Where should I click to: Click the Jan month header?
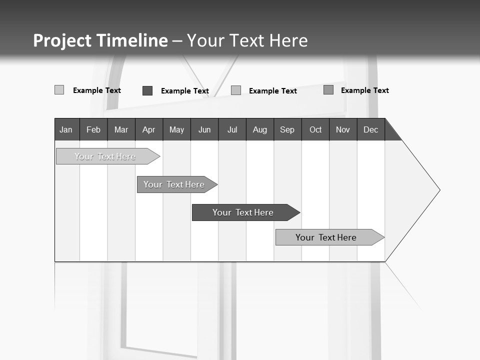pyautogui.click(x=66, y=129)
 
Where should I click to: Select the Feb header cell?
pyautogui.click(x=93, y=129)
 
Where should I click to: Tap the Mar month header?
pyautogui.click(x=121, y=129)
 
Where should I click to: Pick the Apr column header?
pyautogui.click(x=149, y=129)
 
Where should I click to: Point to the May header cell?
pyautogui.click(x=176, y=129)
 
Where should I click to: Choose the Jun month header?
pyautogui.click(x=204, y=129)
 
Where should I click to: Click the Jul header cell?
pyautogui.click(x=232, y=129)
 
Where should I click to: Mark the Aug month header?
pyautogui.click(x=260, y=129)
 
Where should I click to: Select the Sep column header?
pyautogui.click(x=287, y=129)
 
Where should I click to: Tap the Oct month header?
pyautogui.click(x=315, y=129)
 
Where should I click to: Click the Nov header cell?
pyautogui.click(x=343, y=129)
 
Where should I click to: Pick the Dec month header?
pyautogui.click(x=371, y=129)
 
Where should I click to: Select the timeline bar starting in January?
pyautogui.click(x=105, y=156)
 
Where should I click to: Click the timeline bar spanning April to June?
pyautogui.click(x=174, y=184)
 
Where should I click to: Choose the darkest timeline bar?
pyautogui.click(x=243, y=212)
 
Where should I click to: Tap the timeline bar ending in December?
pyautogui.click(x=326, y=237)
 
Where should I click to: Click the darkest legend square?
pyautogui.click(x=147, y=90)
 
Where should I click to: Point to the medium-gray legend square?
pyautogui.click(x=328, y=90)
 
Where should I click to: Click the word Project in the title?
pyautogui.click(x=62, y=40)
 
